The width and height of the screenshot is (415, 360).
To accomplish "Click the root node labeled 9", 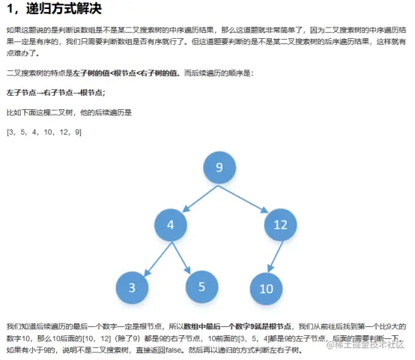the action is click(219, 168).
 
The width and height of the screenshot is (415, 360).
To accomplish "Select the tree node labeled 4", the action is click(171, 225).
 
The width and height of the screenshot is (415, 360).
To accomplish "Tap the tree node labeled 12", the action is click(280, 225).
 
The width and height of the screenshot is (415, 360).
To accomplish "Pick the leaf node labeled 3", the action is click(132, 287).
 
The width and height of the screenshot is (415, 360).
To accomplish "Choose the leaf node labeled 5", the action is click(202, 287).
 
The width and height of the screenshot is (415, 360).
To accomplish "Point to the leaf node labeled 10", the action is click(266, 289).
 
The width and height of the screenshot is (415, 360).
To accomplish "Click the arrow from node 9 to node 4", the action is click(200, 198).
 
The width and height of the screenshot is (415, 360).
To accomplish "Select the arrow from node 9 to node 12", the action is click(243, 199).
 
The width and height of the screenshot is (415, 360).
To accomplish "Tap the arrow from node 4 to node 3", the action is click(158, 259).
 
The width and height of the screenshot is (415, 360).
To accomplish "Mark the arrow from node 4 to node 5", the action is click(181, 258).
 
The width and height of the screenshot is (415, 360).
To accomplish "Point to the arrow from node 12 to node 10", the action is click(275, 257).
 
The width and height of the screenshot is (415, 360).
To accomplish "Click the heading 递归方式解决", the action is click(64, 8).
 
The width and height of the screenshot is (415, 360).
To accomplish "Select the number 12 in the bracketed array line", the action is click(64, 132).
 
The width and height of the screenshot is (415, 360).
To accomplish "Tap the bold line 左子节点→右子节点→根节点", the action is click(55, 93).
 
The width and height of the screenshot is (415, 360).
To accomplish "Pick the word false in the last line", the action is click(173, 350).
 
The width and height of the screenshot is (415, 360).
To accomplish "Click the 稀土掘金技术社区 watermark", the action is click(366, 344).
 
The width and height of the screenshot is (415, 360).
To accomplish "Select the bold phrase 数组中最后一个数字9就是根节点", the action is click(237, 326).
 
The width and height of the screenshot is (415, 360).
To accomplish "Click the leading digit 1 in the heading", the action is click(10, 9).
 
